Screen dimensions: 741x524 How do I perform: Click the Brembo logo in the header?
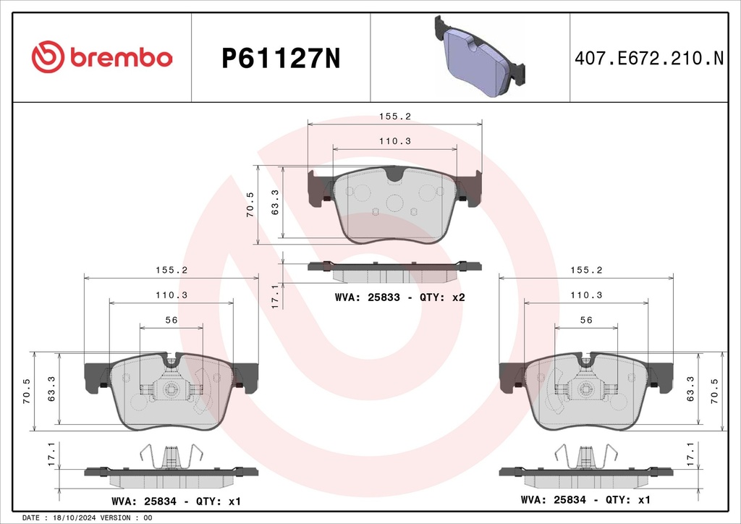tap(101, 57)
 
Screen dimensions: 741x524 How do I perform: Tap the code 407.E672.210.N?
tap(649, 59)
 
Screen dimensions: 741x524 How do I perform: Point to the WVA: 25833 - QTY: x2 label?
tap(399, 297)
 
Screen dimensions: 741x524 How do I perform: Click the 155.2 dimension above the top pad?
tap(395, 117)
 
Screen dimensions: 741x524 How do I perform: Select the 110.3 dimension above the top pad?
tap(395, 141)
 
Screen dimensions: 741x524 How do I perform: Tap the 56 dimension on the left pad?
tap(171, 320)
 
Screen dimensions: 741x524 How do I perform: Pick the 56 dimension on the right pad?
tap(586, 320)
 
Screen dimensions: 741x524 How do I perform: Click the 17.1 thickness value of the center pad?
tap(276, 297)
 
